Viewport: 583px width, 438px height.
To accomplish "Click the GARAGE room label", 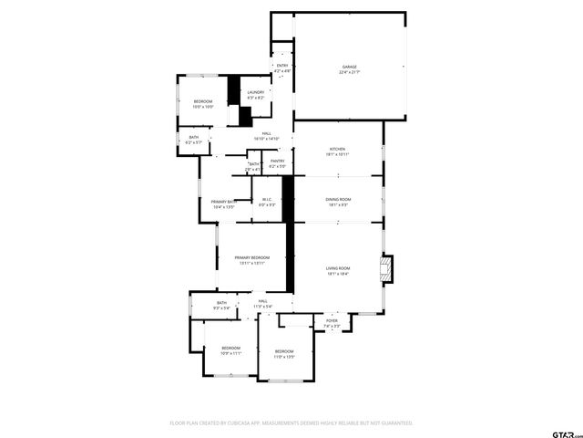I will [349, 67].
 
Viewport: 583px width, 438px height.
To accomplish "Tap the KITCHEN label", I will [337, 150].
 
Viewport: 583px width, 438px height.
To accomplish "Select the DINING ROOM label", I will [339, 200].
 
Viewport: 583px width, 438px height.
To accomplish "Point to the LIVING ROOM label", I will [339, 268].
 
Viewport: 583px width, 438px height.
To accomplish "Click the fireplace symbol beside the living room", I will [389, 267].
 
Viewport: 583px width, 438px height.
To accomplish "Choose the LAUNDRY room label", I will [256, 91].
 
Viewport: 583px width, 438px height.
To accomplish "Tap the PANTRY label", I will [278, 162].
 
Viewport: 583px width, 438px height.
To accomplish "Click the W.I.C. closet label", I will [266, 200].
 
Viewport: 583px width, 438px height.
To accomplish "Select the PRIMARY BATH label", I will [224, 202].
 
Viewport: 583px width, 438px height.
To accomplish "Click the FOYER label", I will [332, 321].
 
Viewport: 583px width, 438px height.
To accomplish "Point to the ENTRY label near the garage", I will [282, 66].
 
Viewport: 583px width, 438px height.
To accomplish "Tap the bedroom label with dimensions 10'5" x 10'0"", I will [203, 101].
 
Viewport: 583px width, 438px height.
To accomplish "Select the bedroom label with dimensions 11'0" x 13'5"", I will [284, 351].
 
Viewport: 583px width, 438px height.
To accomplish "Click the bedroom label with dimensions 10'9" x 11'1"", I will [230, 348].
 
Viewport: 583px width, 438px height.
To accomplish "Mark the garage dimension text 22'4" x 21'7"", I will [349, 72].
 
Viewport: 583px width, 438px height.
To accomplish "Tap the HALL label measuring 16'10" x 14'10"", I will [267, 134].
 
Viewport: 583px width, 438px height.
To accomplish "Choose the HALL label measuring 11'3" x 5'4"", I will [261, 301].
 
